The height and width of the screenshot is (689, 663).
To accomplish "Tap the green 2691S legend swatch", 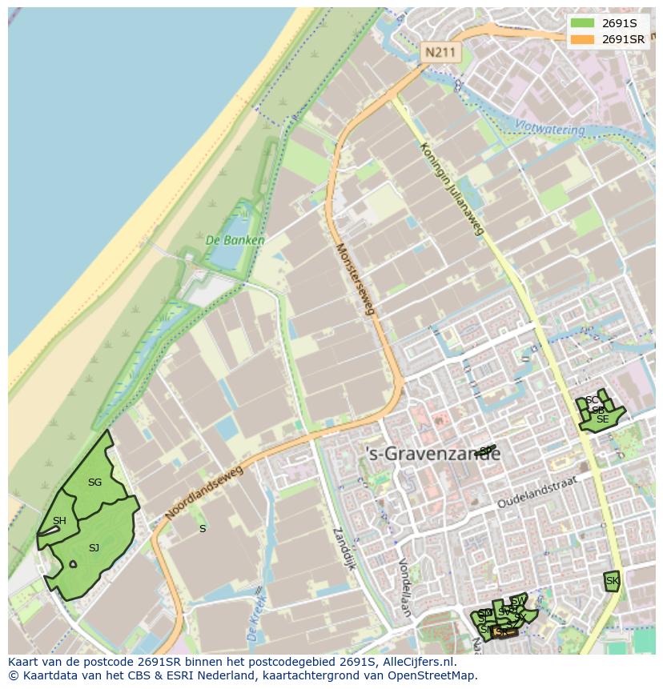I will click(x=583, y=23).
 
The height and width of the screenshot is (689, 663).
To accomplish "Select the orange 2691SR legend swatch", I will click(x=583, y=39).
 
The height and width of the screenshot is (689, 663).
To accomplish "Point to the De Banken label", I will click(x=235, y=239).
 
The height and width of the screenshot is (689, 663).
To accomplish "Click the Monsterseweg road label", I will click(x=356, y=279).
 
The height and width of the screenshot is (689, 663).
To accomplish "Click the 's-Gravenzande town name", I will click(x=432, y=454).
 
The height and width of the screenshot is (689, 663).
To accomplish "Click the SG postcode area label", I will click(x=94, y=483).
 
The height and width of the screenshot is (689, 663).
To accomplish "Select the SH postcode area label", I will click(x=59, y=521).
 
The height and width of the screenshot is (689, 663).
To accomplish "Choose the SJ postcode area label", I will click(x=94, y=547).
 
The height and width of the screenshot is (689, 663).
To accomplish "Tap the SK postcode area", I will click(x=612, y=581).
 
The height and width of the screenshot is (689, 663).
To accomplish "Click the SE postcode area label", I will click(x=602, y=419).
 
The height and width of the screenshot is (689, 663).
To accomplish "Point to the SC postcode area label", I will click(x=591, y=400).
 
